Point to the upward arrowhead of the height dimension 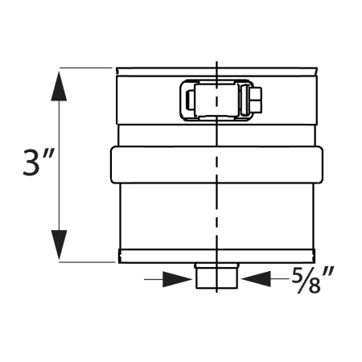pyautogui.click(x=58, y=84)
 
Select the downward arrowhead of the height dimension pyautogui.click(x=58, y=246)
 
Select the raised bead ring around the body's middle pyautogui.click(x=216, y=164)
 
